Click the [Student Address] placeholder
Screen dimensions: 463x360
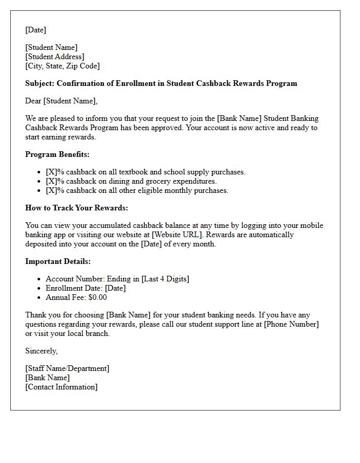coord(55,57)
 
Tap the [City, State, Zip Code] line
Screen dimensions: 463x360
coord(62,66)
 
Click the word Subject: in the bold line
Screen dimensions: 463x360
coord(40,83)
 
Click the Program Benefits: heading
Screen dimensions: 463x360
coord(57,154)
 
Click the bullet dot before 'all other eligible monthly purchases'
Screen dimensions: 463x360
coord(40,191)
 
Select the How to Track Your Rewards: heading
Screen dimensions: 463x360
coord(77,208)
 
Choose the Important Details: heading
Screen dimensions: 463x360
coord(58,261)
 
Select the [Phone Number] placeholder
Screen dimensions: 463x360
coord(292,324)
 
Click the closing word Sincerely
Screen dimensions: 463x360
coord(41,351)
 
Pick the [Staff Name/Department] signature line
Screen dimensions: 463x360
coord(67,368)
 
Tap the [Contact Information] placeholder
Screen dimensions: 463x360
coord(61,387)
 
